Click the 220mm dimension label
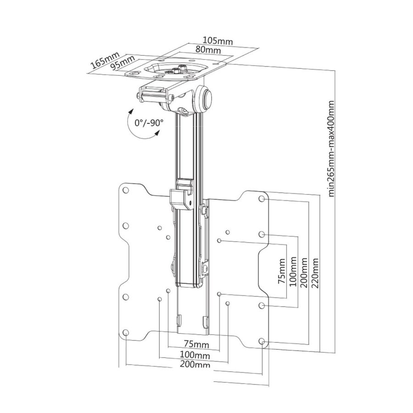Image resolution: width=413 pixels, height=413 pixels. point(315,273)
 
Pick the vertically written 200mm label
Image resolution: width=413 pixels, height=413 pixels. point(303,273)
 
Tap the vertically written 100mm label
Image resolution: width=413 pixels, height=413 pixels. point(292,273)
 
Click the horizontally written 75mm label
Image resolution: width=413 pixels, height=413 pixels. point(194,344)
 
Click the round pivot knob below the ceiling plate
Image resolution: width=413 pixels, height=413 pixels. point(206,98)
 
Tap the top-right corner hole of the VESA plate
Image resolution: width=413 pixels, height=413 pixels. point(262,199)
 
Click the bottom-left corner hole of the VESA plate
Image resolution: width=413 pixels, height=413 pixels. point(125,334)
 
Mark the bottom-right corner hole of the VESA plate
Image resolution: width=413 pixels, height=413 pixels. point(262,342)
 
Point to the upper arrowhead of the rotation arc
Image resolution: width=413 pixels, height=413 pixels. point(131,112)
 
